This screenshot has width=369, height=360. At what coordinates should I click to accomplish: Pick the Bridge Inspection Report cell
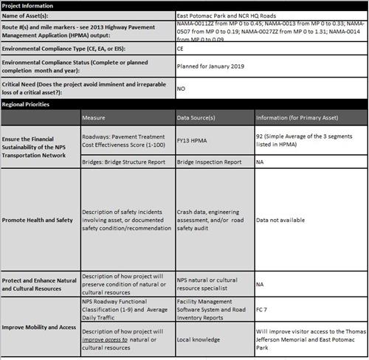209,162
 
